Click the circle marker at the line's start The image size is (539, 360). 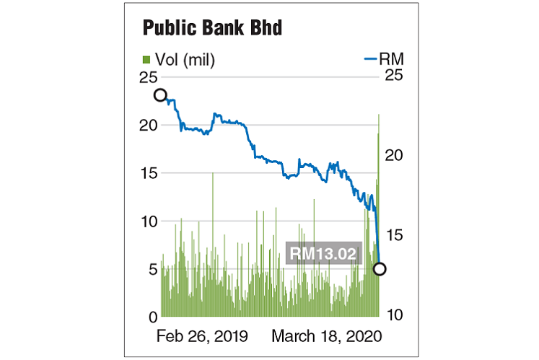pos(160,95)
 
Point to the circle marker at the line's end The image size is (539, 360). pos(380,269)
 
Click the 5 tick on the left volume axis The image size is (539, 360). pos(152,269)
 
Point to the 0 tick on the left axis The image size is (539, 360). pos(152,317)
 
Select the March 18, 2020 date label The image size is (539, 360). pos(326,336)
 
